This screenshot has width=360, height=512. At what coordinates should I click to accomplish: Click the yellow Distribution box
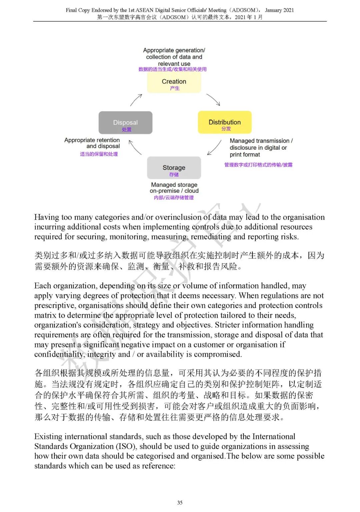tap(225, 122)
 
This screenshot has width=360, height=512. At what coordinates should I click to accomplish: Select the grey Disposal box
tap(125, 123)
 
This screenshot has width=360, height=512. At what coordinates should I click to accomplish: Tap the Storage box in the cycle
tap(174, 168)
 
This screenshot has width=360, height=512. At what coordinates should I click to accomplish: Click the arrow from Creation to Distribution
tap(213, 99)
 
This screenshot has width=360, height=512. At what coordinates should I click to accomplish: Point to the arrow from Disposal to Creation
tap(136, 100)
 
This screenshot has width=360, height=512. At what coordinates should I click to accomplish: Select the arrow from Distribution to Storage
tap(214, 147)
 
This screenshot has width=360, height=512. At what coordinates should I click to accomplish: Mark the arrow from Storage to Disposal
tap(135, 147)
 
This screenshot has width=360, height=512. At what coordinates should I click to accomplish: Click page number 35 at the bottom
tap(180, 503)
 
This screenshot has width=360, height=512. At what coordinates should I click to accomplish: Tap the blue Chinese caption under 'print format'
tap(258, 165)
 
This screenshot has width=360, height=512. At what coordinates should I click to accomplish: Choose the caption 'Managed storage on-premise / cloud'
tap(174, 188)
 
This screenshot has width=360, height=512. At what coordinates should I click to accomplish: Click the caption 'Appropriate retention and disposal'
tap(92, 143)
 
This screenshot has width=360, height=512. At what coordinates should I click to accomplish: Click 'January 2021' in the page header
tap(279, 10)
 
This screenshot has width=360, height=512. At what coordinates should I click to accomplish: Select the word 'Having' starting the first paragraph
tap(46, 217)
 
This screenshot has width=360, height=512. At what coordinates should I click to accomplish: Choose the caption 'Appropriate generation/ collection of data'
tap(174, 57)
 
